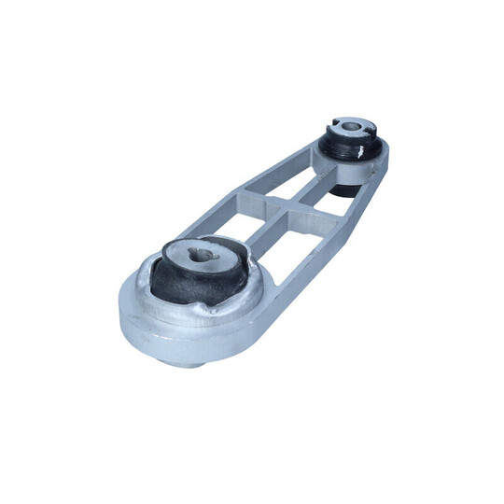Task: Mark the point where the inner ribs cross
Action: coord(286,206)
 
